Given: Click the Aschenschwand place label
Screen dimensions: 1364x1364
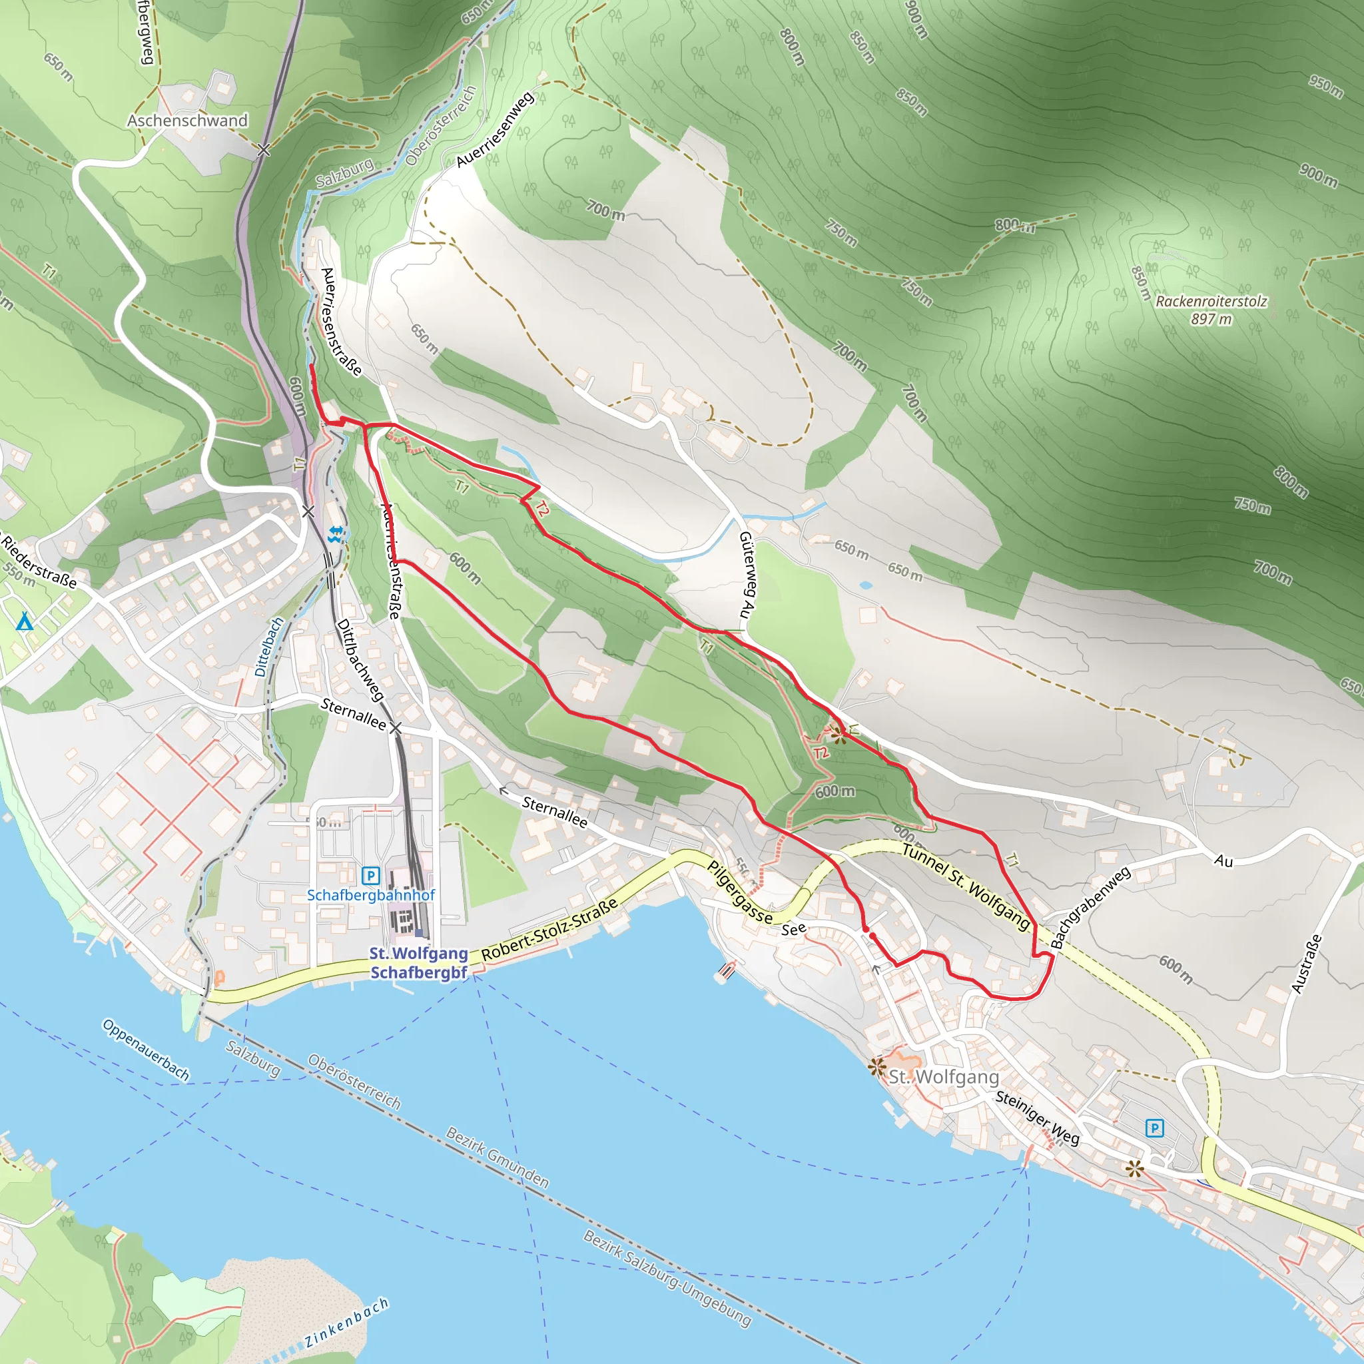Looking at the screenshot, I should pyautogui.click(x=187, y=121).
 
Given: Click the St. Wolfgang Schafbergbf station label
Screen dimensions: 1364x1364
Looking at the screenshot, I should pyautogui.click(x=419, y=963).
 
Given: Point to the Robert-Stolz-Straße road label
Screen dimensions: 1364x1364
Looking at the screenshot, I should pyautogui.click(x=550, y=929).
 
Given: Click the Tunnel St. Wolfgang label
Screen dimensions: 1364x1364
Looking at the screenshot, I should pyautogui.click(x=965, y=886).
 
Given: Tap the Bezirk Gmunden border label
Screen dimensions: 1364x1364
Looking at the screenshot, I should pyautogui.click(x=497, y=1158).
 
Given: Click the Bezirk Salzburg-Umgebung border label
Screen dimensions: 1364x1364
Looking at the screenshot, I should pyautogui.click(x=667, y=1277).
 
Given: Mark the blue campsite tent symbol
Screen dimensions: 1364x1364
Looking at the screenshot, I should pyautogui.click(x=25, y=621).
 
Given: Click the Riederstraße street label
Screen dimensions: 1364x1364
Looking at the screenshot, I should pyautogui.click(x=39, y=562).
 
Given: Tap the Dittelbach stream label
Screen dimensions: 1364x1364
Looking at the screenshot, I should pyautogui.click(x=268, y=647).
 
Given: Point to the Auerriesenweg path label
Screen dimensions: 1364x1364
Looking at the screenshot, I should pyautogui.click(x=495, y=130).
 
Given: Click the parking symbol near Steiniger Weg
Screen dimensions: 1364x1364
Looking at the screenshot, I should pyautogui.click(x=1154, y=1128).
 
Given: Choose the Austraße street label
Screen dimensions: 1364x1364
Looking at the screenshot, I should pyautogui.click(x=1305, y=964).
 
